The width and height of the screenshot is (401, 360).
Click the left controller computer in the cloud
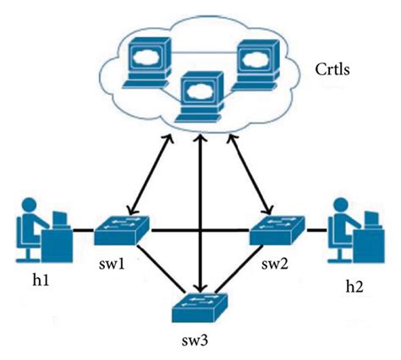pyautogui.click(x=144, y=59)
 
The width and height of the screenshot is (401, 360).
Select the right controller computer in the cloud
pyautogui.click(x=254, y=59)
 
